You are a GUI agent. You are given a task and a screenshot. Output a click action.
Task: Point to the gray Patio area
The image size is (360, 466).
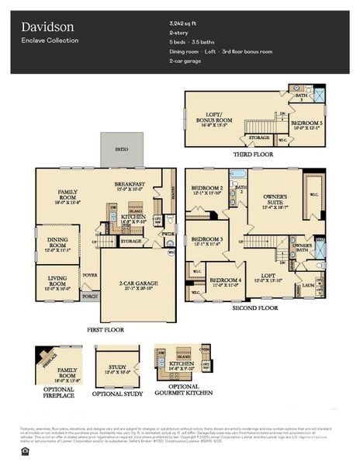click(121, 148)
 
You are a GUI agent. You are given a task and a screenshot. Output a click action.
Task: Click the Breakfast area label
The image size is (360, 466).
click(131, 185)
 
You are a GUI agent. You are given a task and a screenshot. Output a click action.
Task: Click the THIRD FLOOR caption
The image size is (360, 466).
click(254, 155)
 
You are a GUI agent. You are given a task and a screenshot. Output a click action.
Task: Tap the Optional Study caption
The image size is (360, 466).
click(117, 394)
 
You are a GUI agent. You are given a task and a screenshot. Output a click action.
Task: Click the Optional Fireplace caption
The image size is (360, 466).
click(56, 394)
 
